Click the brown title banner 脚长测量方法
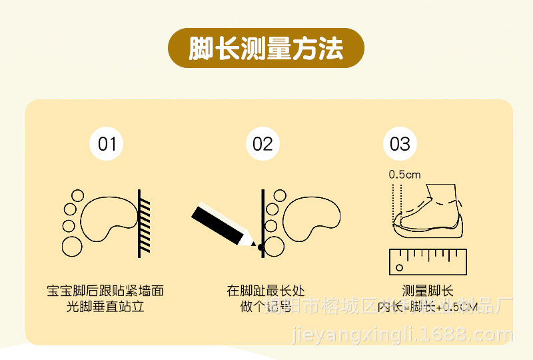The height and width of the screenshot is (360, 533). click(266, 48)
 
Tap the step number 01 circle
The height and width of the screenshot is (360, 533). click(107, 144)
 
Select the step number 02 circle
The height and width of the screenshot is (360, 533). click(263, 144)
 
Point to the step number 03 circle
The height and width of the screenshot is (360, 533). click(400, 144)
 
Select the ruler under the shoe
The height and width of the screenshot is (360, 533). click(427, 261)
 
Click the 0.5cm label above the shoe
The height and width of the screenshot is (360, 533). click(405, 175)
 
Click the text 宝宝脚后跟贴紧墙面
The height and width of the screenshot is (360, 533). click(105, 291)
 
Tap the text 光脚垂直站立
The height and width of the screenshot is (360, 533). click(105, 307)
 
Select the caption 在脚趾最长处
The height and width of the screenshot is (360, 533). click(265, 291)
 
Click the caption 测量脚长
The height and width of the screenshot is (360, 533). click(427, 291)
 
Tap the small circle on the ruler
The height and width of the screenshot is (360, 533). click(399, 268)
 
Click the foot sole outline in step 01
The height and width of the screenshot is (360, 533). click(107, 215)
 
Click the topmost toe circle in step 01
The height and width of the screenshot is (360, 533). click(77, 196)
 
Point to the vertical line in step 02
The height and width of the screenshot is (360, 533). click(263, 213)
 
